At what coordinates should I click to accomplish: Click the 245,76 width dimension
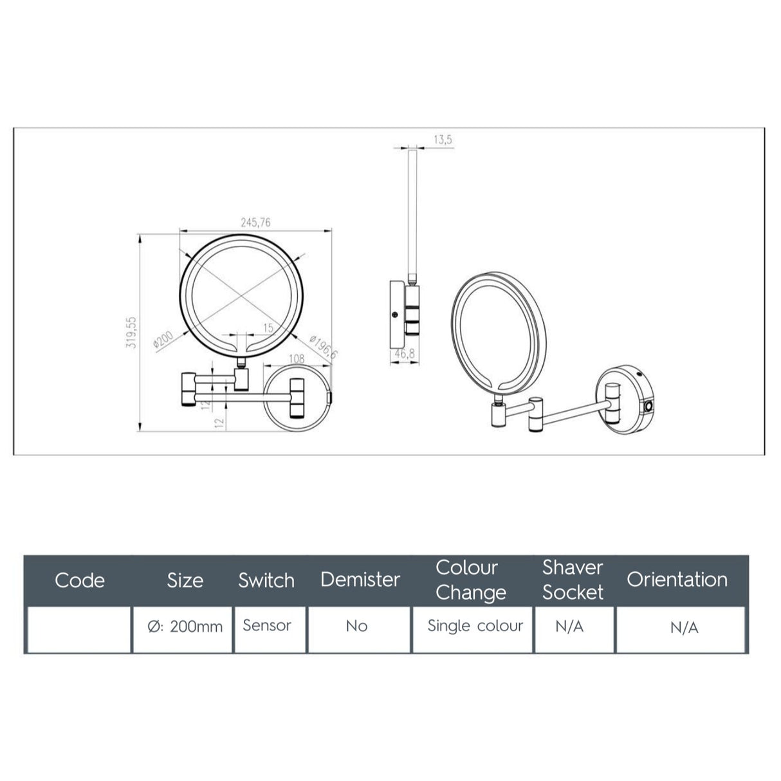tap(255, 223)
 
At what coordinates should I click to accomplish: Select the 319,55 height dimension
tap(131, 332)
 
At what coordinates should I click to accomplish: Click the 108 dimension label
tap(297, 359)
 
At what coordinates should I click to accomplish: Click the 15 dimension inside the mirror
tap(268, 327)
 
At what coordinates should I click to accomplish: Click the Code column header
tap(80, 580)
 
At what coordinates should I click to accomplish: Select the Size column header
tap(185, 580)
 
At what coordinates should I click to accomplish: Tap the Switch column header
tap(266, 580)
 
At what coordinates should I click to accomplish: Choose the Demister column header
tap(360, 580)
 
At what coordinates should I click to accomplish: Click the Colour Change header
tap(470, 580)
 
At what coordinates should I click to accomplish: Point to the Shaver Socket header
tap(573, 580)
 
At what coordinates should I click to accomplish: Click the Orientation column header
tap(677, 580)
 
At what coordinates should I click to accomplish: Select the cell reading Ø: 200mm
tap(185, 627)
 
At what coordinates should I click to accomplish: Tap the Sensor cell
tap(267, 625)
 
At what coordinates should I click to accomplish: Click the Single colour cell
tap(475, 626)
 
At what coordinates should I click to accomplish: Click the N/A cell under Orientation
tap(684, 628)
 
